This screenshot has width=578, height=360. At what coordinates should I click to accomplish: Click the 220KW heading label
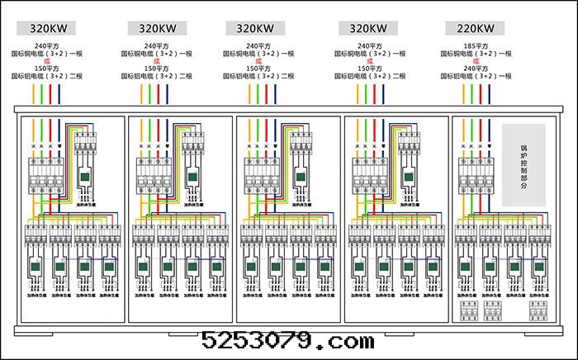pyautogui.click(x=474, y=27)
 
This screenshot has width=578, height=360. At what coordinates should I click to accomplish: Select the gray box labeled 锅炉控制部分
pyautogui.click(x=524, y=164)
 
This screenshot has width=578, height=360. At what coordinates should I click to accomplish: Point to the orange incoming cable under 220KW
pyautogui.click(x=463, y=93)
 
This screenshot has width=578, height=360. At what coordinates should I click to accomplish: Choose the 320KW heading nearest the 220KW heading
pyautogui.click(x=364, y=27)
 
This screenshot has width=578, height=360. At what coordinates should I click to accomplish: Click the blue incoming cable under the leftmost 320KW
pyautogui.click(x=59, y=93)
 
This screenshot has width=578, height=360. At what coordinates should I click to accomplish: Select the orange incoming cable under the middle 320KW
pyautogui.click(x=247, y=93)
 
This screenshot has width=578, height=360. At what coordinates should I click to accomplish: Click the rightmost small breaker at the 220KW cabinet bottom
pyautogui.click(x=541, y=310)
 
